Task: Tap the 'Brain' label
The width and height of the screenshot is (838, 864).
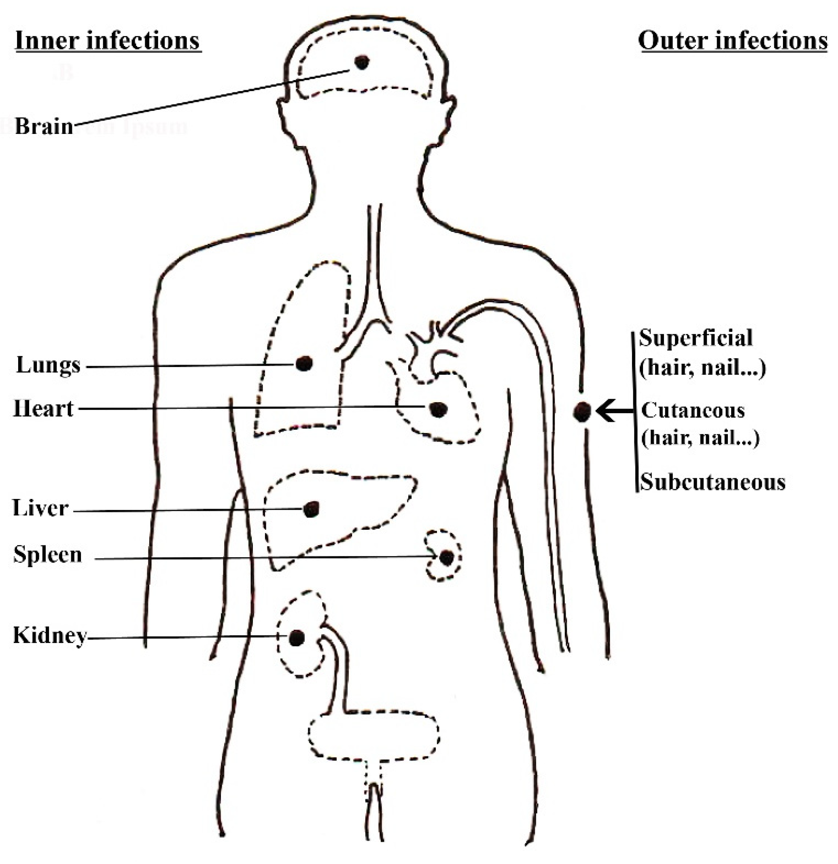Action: click(x=44, y=127)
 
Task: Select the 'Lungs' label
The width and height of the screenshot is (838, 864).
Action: click(x=49, y=365)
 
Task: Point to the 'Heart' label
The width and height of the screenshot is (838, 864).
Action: click(x=43, y=409)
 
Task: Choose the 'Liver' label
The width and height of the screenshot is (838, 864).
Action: click(x=40, y=508)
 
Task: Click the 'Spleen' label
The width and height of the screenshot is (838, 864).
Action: click(x=48, y=554)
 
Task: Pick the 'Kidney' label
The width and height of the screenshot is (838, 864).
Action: click(x=49, y=636)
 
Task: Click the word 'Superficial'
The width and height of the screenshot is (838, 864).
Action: click(x=696, y=338)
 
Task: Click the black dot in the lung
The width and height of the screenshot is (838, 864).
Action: click(x=304, y=363)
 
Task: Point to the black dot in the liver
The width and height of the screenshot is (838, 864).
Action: click(x=311, y=509)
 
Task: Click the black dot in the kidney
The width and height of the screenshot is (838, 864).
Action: click(x=296, y=637)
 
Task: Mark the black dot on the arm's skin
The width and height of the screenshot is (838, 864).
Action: click(x=582, y=411)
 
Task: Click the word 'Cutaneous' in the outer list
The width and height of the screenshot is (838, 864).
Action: click(x=692, y=410)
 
